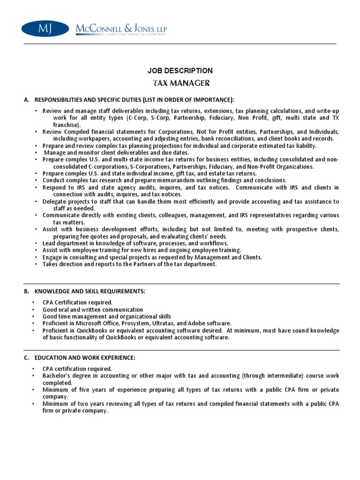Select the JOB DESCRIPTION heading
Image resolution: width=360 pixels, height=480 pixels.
coord(180,71)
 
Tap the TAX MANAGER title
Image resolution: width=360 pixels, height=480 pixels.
coord(180,83)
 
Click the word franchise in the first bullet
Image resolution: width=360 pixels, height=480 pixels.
coord(66,125)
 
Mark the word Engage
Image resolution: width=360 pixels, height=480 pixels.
coord(52,257)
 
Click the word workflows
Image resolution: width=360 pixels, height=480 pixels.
coord(213,243)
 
